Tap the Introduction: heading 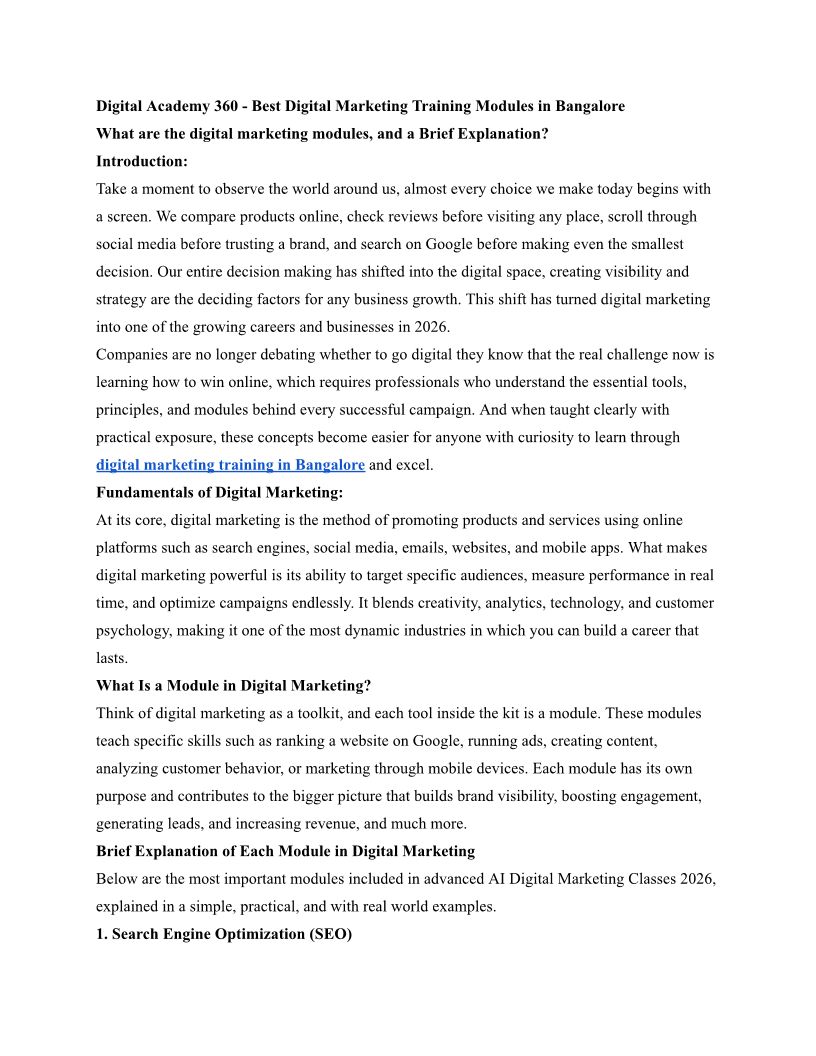[x=142, y=161]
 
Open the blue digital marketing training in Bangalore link [x=230, y=465]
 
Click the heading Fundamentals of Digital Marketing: [x=219, y=492]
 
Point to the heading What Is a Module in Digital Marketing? [x=234, y=686]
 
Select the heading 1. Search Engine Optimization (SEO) [x=224, y=934]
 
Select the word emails [x=461, y=548]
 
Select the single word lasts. [x=113, y=658]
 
